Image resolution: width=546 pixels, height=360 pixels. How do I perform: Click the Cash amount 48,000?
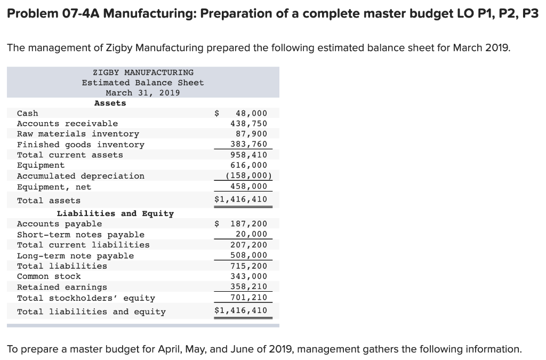[251, 113]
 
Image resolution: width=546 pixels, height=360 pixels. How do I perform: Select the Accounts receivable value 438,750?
[248, 123]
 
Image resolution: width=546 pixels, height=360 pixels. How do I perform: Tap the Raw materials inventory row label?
[78, 134]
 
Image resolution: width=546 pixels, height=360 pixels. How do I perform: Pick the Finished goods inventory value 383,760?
[248, 145]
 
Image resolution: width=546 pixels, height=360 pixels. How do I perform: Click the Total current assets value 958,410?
[248, 155]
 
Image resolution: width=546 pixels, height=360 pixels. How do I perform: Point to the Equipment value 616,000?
[248, 165]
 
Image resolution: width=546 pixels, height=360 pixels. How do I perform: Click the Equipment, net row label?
[54, 187]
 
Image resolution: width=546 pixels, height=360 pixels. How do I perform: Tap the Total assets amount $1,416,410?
[240, 200]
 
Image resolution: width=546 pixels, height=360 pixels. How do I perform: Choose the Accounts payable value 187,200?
[248, 224]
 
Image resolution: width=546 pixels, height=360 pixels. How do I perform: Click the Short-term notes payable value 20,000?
[251, 234]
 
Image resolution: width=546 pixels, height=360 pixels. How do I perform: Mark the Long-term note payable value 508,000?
[248, 255]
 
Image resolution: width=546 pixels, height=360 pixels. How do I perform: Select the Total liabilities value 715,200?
[248, 266]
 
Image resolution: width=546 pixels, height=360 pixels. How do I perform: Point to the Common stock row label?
[49, 276]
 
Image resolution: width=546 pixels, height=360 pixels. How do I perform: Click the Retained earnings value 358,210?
[248, 287]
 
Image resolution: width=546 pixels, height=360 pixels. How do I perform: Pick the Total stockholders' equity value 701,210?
[248, 298]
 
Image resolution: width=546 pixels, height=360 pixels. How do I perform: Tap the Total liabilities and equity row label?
[91, 311]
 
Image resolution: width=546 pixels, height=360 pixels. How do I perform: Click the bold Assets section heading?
[110, 103]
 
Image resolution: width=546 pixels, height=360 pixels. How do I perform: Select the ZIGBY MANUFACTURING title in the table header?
[143, 72]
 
